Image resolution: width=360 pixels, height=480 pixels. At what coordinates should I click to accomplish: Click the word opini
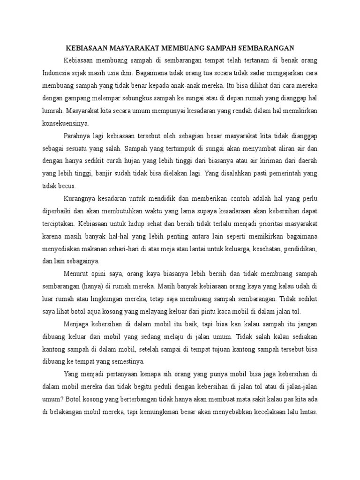pyautogui.click(x=100, y=274)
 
